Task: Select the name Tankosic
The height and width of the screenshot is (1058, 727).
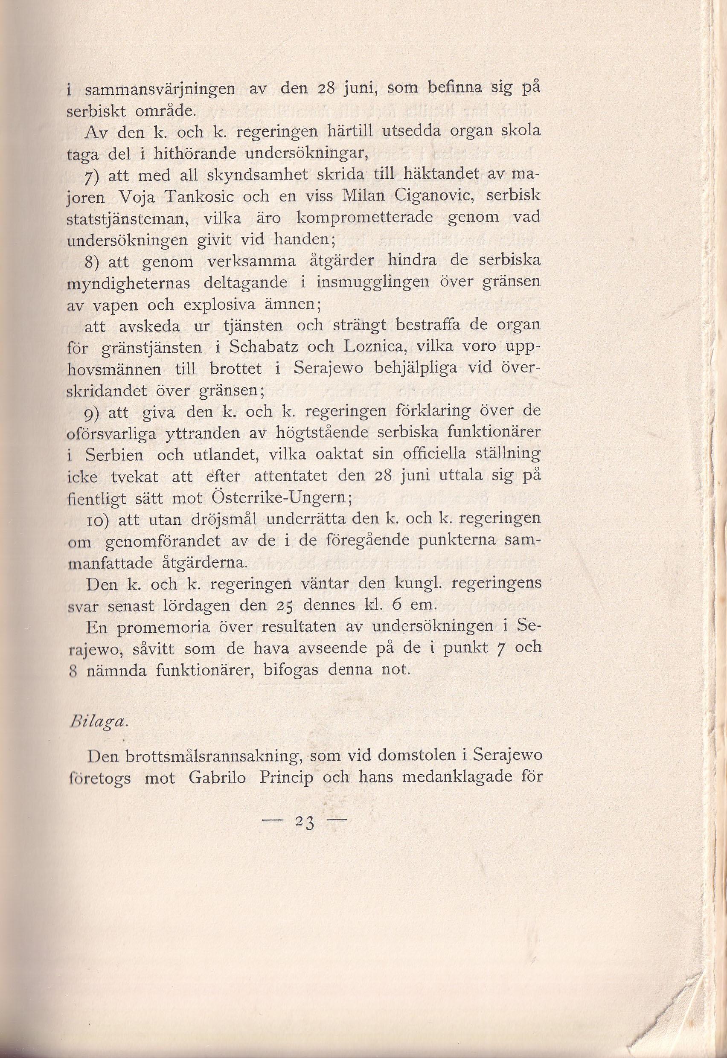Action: [200, 197]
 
